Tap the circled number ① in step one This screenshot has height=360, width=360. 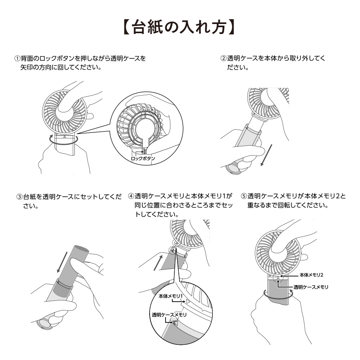pos(17,58)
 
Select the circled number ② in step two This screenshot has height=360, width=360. pos(224,58)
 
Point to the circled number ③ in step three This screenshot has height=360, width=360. pos(19,197)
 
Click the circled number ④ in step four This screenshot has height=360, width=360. pos(131,196)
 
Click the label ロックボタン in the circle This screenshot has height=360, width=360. pos(143,159)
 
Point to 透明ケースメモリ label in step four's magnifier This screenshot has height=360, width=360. pos(169,315)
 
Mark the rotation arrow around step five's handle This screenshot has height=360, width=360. pos(278,293)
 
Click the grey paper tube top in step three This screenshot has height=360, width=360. pos(79,251)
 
